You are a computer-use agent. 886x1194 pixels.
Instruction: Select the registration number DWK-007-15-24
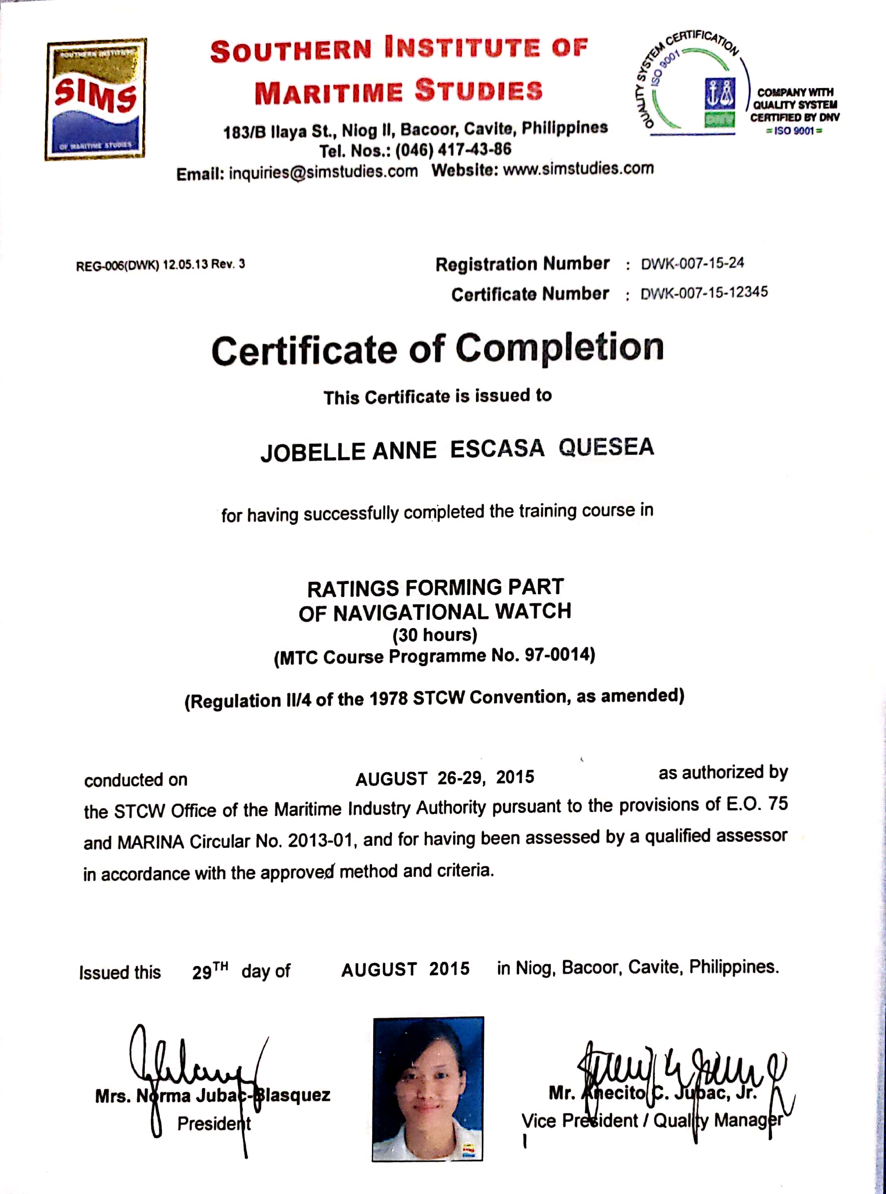(x=692, y=263)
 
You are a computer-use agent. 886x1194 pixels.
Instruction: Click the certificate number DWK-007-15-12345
(x=704, y=293)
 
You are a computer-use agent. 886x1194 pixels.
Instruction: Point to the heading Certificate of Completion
(x=438, y=349)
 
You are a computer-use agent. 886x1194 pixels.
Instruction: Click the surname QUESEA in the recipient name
(x=606, y=447)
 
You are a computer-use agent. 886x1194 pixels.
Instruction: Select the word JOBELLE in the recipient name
(x=313, y=451)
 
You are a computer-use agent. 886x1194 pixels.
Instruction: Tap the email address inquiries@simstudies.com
(x=323, y=172)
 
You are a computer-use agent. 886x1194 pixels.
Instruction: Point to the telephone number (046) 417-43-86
(x=453, y=150)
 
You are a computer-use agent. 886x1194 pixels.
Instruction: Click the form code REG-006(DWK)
(x=117, y=265)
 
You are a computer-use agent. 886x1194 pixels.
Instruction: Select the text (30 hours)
(x=435, y=635)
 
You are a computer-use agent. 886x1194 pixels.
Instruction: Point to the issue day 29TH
(x=210, y=971)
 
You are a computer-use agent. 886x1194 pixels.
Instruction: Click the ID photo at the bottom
(x=428, y=1088)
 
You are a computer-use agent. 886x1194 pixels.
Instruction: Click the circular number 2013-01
(x=320, y=840)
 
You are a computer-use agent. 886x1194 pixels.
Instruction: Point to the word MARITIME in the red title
(x=328, y=92)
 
